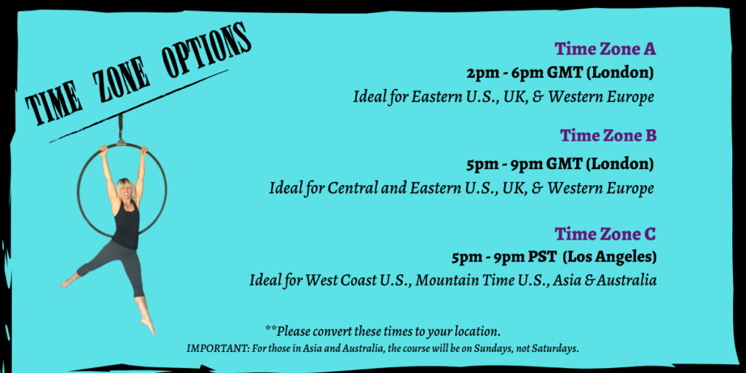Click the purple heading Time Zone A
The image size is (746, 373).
tap(605, 49)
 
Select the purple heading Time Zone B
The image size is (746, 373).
tap(608, 136)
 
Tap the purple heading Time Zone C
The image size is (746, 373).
tap(605, 234)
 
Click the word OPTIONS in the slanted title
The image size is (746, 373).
tap(206, 52)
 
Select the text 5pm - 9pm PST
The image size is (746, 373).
tap(504, 258)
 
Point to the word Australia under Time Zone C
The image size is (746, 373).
tap(627, 280)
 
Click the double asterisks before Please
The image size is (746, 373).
tap(271, 329)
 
